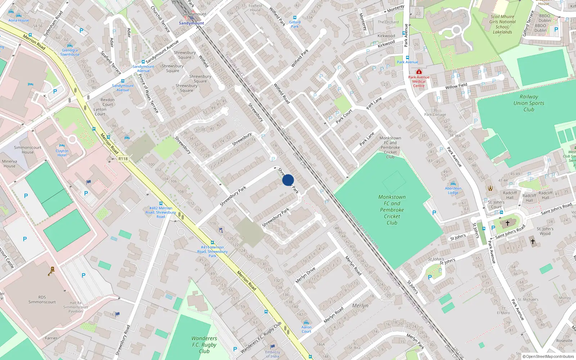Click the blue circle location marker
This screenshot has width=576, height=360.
click(x=288, y=180)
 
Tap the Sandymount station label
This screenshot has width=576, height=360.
click(x=191, y=23)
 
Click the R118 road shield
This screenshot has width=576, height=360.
click(x=123, y=159)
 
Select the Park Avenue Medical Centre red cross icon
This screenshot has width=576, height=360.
click(x=419, y=72)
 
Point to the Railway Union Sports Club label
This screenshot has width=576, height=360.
click(x=528, y=103)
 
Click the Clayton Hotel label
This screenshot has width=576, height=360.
click(x=62, y=153)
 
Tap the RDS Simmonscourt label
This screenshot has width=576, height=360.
click(x=42, y=300)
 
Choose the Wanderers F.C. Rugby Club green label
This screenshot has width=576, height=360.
click(x=204, y=345)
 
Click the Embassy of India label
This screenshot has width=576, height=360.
click(x=273, y=354)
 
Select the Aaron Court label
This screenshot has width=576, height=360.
click(x=306, y=329)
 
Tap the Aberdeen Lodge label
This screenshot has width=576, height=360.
click(x=453, y=190)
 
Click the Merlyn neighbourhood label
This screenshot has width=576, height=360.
click(x=360, y=305)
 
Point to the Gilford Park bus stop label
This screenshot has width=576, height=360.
click(x=294, y=24)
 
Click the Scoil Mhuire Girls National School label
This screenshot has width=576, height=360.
click(x=502, y=24)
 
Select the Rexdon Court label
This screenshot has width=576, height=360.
click(x=108, y=102)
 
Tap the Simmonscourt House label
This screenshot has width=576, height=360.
click(x=27, y=150)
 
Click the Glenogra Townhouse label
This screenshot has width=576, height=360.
click(x=70, y=52)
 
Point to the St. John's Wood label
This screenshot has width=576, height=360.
click(x=545, y=231)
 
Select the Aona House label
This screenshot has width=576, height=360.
click(x=19, y=20)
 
